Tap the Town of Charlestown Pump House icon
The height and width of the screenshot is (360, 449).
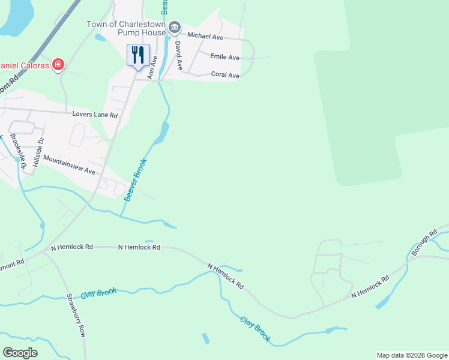click(175, 26)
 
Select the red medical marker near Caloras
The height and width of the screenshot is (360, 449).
click(58, 64)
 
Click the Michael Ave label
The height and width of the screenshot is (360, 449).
click(205, 37)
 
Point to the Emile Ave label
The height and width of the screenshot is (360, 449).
click(225, 57)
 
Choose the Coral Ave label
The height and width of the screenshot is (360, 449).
click(225, 75)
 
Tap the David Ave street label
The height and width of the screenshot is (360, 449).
click(178, 52)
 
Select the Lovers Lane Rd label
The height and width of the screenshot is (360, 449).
click(95, 114)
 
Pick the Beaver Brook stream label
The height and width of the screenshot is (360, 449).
click(135, 179)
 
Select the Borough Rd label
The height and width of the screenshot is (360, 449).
click(424, 244)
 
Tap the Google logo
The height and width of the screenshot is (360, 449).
click(20, 352)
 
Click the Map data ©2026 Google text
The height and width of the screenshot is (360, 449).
click(412, 355)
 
